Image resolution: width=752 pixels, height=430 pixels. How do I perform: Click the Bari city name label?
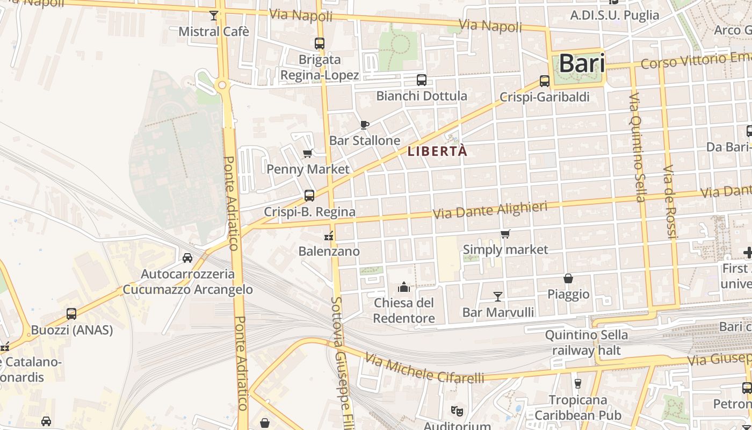pyautogui.click(x=582, y=64)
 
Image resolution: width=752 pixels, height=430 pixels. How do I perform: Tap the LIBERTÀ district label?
pyautogui.click(x=437, y=152)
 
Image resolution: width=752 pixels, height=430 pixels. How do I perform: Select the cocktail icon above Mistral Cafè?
pyautogui.click(x=214, y=15)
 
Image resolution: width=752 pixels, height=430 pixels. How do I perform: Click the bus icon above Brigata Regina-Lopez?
pyautogui.click(x=320, y=44)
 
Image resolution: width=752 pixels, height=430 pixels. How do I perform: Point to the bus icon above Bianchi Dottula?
pyautogui.click(x=422, y=81)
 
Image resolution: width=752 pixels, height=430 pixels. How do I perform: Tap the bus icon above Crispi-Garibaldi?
pyautogui.click(x=544, y=81)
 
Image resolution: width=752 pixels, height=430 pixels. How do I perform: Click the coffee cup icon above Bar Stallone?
pyautogui.click(x=365, y=125)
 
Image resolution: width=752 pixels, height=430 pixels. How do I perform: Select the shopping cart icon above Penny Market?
pyautogui.click(x=308, y=154)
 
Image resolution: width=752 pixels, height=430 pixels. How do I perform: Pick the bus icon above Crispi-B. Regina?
pyautogui.click(x=309, y=196)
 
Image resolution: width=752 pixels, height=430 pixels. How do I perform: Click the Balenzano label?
pyautogui.click(x=329, y=251)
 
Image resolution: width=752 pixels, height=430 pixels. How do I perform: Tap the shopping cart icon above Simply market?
pyautogui.click(x=505, y=234)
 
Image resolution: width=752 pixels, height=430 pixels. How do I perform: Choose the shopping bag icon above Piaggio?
pyautogui.click(x=568, y=278)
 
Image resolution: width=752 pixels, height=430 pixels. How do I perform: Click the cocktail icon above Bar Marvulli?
pyautogui.click(x=498, y=296)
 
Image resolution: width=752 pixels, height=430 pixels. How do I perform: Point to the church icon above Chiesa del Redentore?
pyautogui.click(x=404, y=287)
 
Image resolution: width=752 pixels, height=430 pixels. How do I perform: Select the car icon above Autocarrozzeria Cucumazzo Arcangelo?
pyautogui.click(x=187, y=258)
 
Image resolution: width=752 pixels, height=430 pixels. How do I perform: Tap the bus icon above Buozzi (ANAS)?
pyautogui.click(x=71, y=314)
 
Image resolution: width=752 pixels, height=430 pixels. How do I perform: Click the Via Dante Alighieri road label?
pyautogui.click(x=490, y=210)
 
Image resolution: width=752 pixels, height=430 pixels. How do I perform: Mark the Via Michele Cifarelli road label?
pyautogui.click(x=424, y=369)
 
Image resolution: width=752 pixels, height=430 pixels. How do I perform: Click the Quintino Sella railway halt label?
pyautogui.click(x=586, y=343)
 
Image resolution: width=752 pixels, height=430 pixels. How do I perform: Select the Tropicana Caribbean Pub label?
pyautogui.click(x=578, y=407)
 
